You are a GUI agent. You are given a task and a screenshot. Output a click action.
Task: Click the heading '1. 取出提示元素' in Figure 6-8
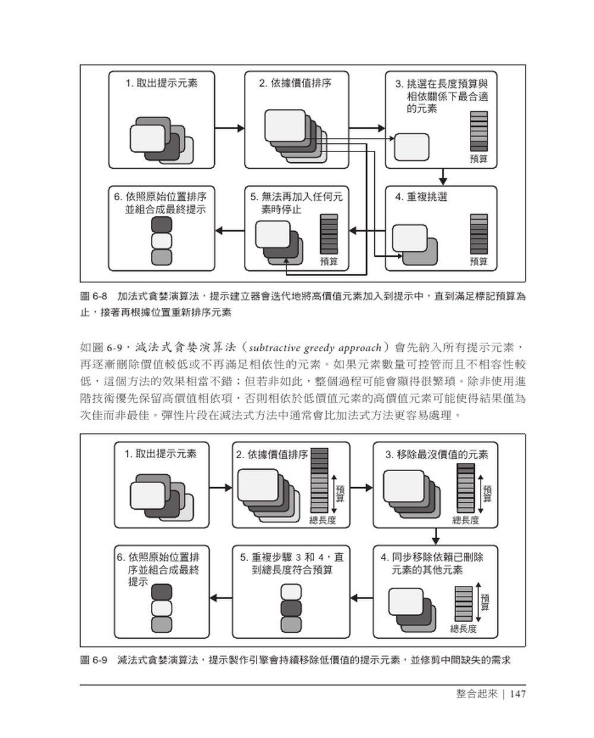click(162, 84)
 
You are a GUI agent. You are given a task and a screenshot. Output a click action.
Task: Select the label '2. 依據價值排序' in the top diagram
click(295, 84)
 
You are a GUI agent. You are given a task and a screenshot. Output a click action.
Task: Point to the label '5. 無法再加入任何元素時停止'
click(296, 203)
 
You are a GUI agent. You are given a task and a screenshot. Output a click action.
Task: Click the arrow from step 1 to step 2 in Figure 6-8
click(229, 128)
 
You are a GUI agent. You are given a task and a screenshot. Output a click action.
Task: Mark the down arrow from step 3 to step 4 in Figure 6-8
click(442, 177)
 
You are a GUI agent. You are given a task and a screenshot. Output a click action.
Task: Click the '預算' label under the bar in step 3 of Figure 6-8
click(478, 159)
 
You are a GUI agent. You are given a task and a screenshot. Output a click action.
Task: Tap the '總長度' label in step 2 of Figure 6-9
click(323, 520)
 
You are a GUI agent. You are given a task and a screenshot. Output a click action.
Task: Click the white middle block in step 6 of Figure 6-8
click(162, 241)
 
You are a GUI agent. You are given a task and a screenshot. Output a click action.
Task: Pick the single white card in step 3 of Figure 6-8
click(412, 147)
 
